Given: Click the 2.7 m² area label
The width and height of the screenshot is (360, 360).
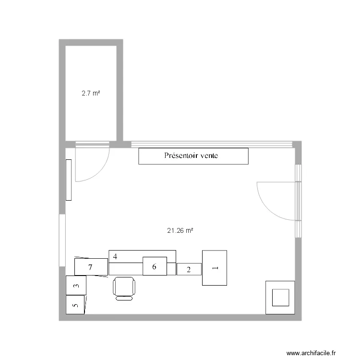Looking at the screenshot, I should (91, 94).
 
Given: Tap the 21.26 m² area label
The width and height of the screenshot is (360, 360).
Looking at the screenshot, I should (180, 231).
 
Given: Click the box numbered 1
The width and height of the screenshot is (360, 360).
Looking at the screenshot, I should (214, 268).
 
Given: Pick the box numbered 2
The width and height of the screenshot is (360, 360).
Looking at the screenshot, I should (189, 270).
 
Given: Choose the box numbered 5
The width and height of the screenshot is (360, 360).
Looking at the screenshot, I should (75, 305).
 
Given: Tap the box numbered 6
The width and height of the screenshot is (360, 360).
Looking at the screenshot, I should (155, 266).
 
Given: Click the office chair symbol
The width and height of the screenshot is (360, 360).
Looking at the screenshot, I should (125, 288).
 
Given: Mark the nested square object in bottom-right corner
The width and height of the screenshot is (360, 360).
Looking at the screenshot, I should (280, 297).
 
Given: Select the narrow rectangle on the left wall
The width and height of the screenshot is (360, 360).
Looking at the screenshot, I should (69, 180).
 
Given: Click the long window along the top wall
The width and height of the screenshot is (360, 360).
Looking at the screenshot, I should (212, 144).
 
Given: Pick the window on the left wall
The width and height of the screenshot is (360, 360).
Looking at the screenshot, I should (62, 240).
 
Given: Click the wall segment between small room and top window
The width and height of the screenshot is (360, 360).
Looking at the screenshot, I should (121, 144).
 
